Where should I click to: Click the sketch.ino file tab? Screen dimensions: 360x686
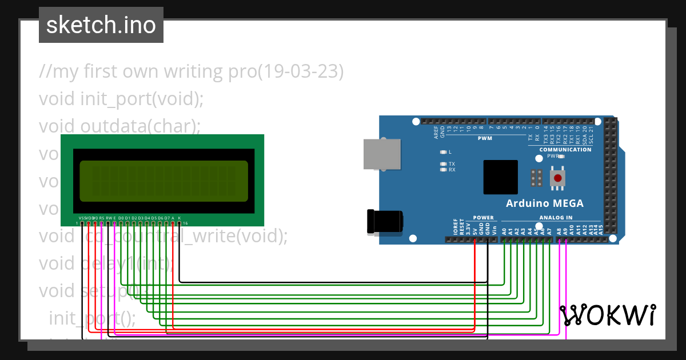101,25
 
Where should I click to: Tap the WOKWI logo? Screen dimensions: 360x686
607,315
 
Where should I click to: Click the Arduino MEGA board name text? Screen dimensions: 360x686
544,203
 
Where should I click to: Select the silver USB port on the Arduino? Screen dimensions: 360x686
382,154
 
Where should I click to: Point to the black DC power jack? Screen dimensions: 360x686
385,221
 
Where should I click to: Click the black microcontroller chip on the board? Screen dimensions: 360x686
500,177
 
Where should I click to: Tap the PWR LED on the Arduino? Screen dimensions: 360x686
561,156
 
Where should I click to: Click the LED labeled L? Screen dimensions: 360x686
443,152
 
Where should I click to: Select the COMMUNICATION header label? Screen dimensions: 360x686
565,150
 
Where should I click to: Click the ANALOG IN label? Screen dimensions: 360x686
556,218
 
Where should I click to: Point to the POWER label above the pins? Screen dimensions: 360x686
483,218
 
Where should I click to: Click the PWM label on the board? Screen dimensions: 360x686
485,138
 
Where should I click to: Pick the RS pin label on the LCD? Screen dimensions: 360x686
102,218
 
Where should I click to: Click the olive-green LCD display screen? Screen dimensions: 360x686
163,181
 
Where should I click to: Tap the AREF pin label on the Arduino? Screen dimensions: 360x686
436,133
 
